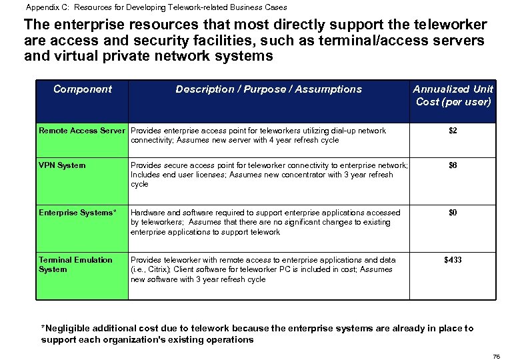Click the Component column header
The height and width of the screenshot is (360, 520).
[83, 89]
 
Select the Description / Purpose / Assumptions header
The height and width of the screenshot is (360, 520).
[268, 89]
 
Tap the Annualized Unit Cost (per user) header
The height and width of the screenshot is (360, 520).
[453, 95]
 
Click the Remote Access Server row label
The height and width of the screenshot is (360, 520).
[81, 131]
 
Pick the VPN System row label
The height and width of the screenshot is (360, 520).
[62, 165]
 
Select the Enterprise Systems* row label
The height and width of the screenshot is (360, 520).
[77, 213]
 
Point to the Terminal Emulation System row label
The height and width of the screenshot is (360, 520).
[75, 265]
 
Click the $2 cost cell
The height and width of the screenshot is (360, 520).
[453, 131]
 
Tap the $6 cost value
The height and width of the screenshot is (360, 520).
[453, 165]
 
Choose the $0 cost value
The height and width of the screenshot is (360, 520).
[453, 213]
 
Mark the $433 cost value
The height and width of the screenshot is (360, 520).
[453, 260]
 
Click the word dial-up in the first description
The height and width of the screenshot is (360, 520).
[343, 131]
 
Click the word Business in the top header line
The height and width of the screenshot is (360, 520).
[245, 7]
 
